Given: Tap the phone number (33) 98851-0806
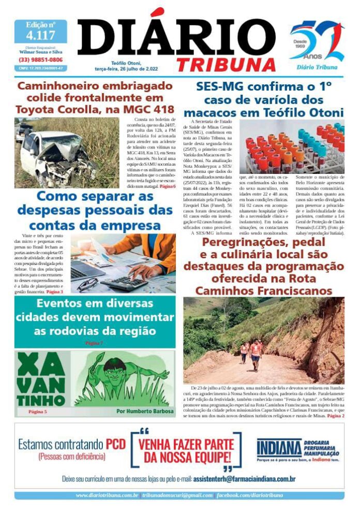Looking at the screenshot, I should coord(40,60).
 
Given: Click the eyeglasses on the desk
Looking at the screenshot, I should coord(88,284).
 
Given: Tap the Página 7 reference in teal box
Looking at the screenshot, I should coord(94,343).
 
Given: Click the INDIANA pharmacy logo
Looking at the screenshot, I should coord(279,448).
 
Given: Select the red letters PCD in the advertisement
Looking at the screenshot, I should coord(116,444).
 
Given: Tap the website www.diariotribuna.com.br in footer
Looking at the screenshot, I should coord(107,495).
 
